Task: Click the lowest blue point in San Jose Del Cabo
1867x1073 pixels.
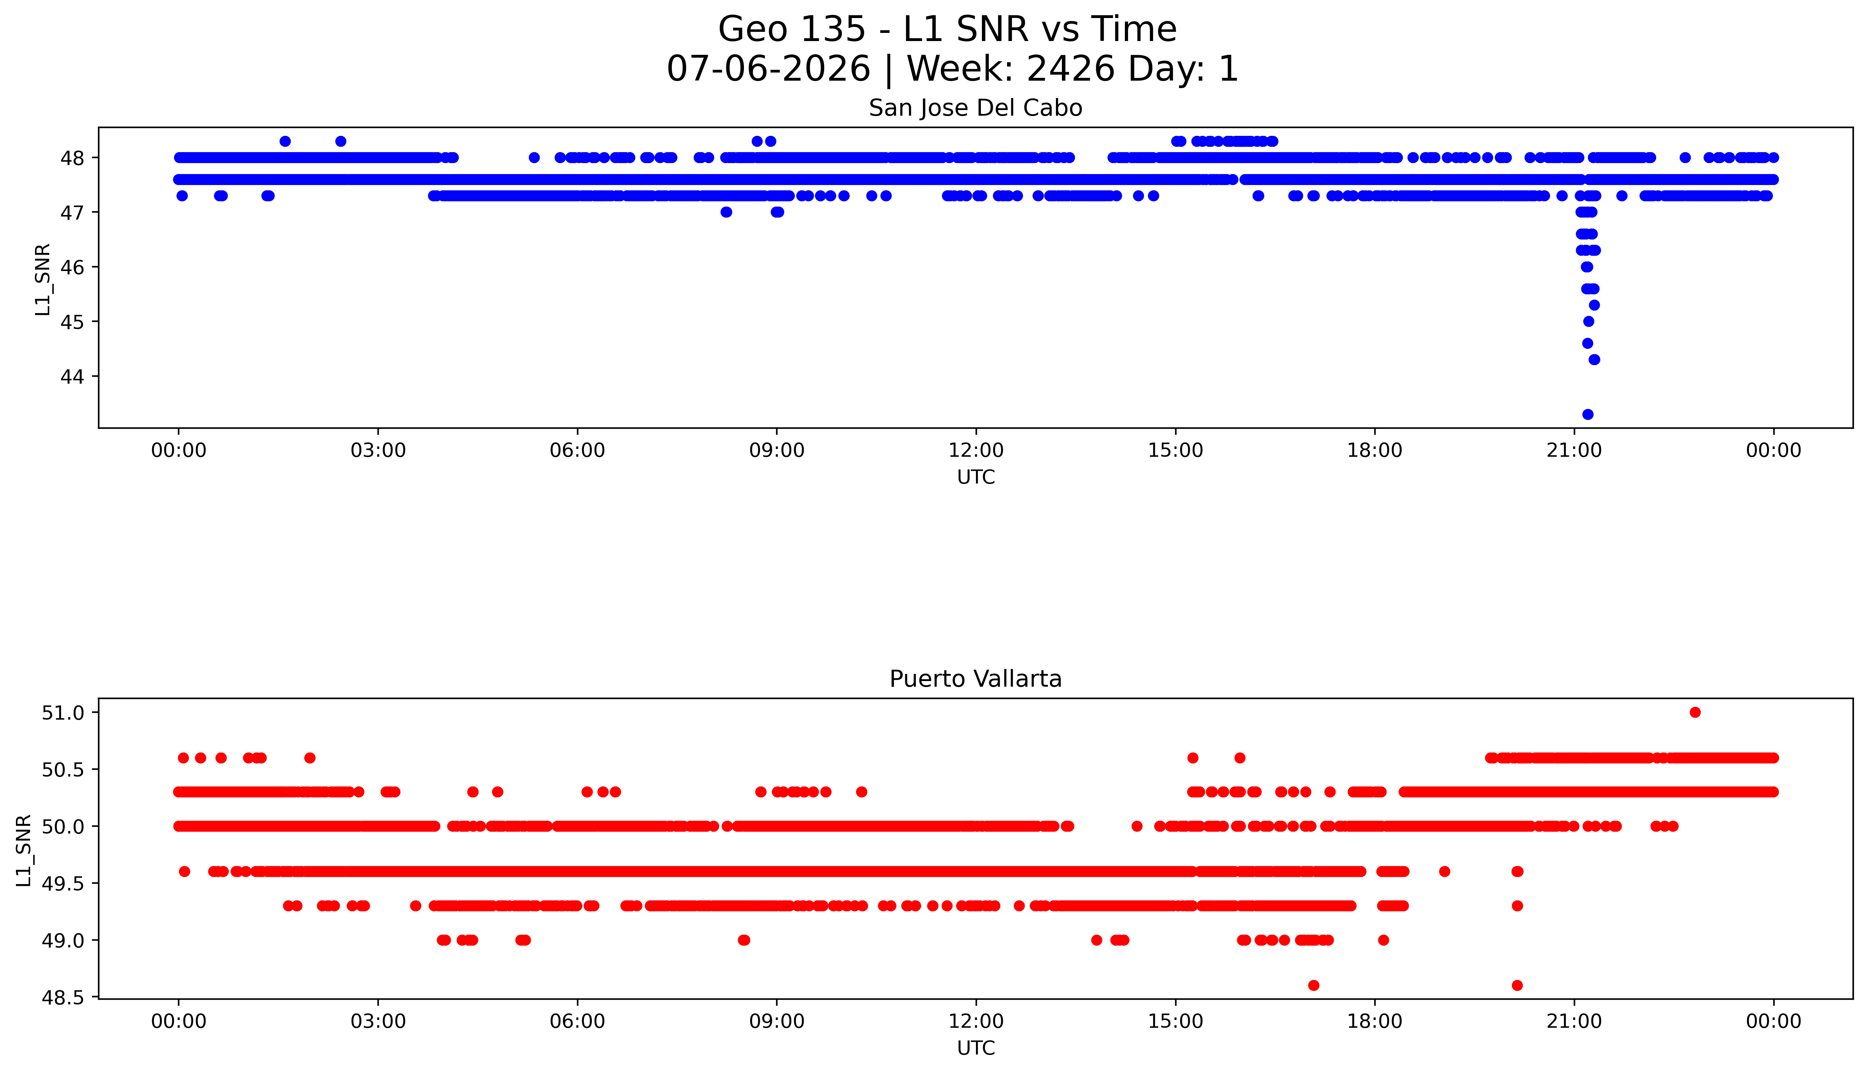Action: (x=1588, y=414)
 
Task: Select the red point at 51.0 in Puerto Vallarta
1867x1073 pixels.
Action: (x=1695, y=712)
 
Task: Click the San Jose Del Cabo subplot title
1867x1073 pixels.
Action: (x=976, y=108)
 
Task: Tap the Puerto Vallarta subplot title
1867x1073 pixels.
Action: (x=976, y=679)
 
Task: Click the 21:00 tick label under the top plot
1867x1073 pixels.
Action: (x=1574, y=450)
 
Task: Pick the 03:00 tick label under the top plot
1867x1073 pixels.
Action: (x=378, y=450)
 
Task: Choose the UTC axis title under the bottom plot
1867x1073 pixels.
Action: (x=976, y=1048)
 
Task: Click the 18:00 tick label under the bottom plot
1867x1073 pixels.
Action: (x=1375, y=1021)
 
